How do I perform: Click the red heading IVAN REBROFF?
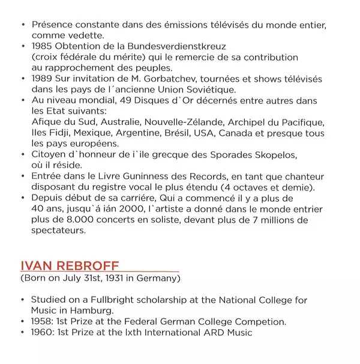pyautogui.click(x=70, y=266)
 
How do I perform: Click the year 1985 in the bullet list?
pyautogui.click(x=42, y=46)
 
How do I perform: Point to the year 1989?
pyautogui.click(x=42, y=79)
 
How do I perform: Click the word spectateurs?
pyautogui.click(x=58, y=231)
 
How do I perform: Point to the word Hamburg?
pyautogui.click(x=91, y=311)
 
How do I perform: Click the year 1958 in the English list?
pyautogui.click(x=42, y=321)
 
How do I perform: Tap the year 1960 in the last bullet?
pyautogui.click(x=42, y=332)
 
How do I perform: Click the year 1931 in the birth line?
pyautogui.click(x=115, y=279)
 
